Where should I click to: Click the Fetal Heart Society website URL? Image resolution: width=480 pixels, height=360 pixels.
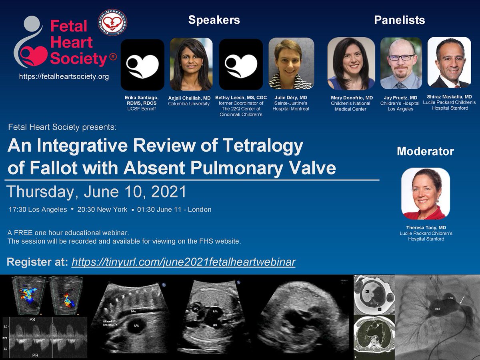pos(64,76)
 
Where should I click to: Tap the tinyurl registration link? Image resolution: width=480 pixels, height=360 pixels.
pos(184,262)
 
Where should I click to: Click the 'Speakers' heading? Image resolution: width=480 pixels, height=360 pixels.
pos(214,20)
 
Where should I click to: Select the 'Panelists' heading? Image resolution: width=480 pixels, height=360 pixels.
pos(399,20)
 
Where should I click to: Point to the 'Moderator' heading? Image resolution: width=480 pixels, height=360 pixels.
pos(425,152)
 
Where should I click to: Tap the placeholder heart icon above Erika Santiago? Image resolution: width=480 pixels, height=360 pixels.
pos(142,64)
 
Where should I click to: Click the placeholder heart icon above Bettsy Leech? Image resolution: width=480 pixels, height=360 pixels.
pos(241,64)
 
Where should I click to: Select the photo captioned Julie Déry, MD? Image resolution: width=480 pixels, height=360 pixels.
pos(291,64)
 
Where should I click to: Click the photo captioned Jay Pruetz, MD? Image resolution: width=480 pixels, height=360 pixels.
pos(401,63)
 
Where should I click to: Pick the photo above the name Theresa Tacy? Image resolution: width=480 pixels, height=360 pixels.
pos(426,194)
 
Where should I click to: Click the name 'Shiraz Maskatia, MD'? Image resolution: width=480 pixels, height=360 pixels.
pos(450,96)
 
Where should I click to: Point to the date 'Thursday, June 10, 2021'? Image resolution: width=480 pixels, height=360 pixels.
pos(97,192)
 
